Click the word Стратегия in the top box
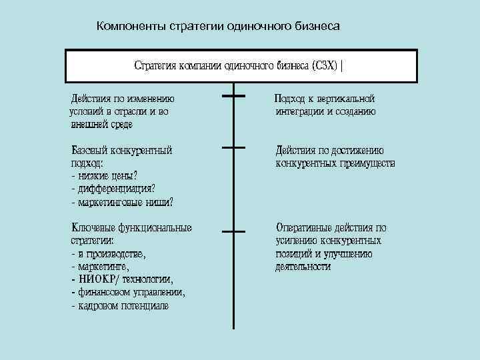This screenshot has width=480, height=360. coord(155,66)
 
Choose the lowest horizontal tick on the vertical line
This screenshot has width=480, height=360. coord(233,231)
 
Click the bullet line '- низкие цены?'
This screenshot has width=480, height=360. coord(103,176)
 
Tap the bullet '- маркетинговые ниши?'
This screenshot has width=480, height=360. coord(122,201)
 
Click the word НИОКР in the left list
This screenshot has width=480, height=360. coord(97,279)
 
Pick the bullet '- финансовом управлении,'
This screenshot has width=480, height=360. coord(128,292)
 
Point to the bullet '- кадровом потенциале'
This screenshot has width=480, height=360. coord(119,305)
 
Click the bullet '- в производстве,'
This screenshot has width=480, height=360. coord(108,253)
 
